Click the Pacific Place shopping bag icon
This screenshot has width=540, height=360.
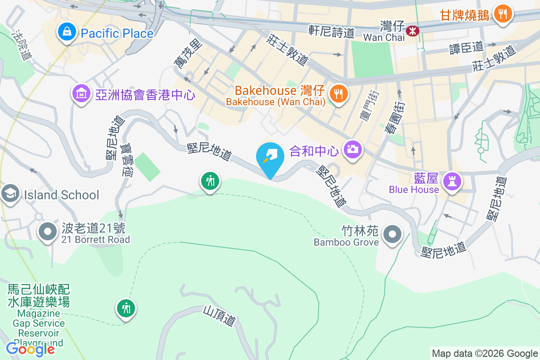pos(67,32)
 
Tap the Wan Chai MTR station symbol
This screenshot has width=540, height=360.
pos(412,31)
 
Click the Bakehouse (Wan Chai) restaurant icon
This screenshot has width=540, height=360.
pos(338,94)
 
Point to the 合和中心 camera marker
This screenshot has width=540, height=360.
pos(353,149)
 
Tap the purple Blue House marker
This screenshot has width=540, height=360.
pos(450,181)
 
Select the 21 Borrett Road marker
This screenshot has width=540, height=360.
pos(48,232)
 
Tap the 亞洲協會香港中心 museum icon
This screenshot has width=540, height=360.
pos(81,94)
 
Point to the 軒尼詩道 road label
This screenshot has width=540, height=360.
pos(332,31)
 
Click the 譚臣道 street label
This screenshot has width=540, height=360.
pos(466,47)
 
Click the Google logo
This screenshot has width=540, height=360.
pos(30,349)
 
